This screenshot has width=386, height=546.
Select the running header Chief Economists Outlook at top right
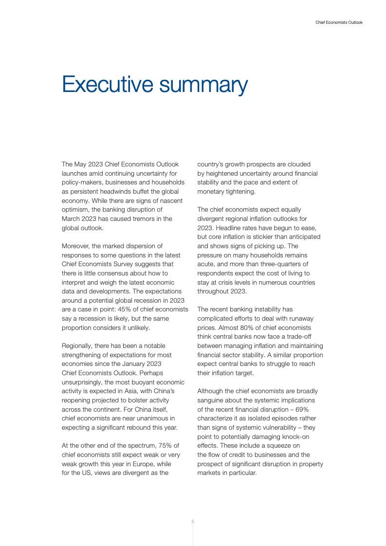(x=339, y=22)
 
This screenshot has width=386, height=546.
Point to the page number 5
(x=193, y=522)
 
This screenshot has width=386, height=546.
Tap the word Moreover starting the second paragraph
(x=76, y=246)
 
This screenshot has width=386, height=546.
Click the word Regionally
(x=78, y=346)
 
